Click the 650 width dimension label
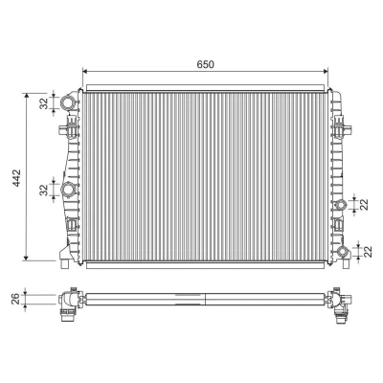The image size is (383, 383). coord(205,64)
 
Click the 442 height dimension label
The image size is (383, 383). coord(16,178)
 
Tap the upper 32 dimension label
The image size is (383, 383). coord(44,103)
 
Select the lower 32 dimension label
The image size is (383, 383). coord(44,190)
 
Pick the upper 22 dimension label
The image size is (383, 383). coord(365,204)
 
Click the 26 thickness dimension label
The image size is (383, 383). coord(16,299)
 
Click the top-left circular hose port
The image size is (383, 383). coord(69,102)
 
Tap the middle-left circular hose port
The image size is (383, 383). coord(69,190)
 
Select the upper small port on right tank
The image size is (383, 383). coord(342,204)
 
